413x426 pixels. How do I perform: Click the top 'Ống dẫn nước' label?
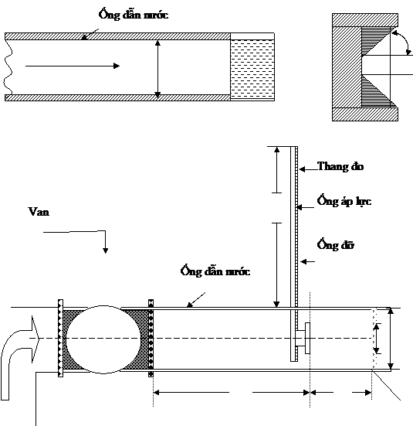click(134, 14)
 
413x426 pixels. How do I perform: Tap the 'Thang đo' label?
click(340, 166)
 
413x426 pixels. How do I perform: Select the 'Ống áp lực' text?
click(344, 200)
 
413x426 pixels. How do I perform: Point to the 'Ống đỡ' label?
click(336, 244)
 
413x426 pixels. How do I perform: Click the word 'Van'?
click(39, 212)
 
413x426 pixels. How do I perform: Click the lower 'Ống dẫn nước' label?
click(215, 271)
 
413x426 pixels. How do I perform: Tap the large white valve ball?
click(103, 339)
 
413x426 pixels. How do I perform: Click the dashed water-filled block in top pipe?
click(252, 69)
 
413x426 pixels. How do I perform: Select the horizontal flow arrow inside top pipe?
click(73, 66)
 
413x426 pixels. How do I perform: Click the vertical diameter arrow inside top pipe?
click(157, 69)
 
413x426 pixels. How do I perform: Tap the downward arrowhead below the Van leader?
click(105, 250)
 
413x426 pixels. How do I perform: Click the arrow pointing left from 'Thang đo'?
click(308, 169)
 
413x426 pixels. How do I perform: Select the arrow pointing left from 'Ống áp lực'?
click(306, 207)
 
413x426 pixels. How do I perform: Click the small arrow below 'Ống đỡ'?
click(308, 261)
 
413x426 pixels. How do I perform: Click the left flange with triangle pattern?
click(60, 338)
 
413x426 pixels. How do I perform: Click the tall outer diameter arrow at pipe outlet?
click(390, 339)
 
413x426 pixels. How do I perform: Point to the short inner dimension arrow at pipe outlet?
click(377, 339)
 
